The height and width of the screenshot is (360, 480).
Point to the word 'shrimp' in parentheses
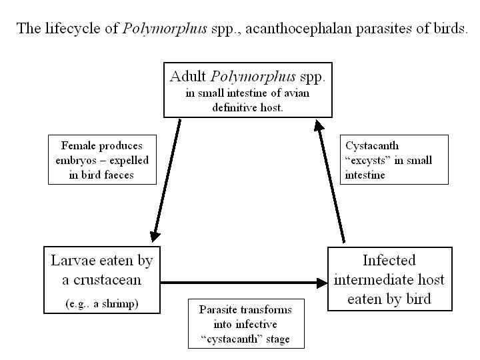(x=122, y=303)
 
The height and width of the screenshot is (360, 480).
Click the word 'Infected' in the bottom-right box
(x=389, y=260)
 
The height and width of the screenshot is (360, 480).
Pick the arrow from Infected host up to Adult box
(x=332, y=180)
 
